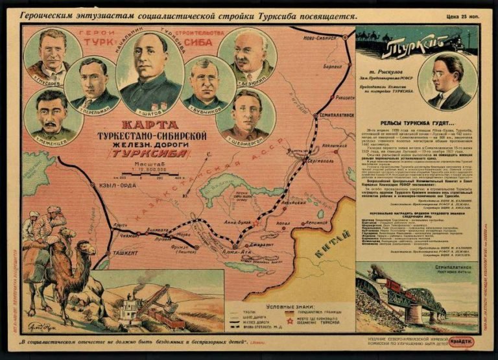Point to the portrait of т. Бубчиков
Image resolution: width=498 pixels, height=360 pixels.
pyautogui.click(x=208, y=82)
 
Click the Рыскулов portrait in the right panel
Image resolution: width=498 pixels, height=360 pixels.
pyautogui.click(x=448, y=81)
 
